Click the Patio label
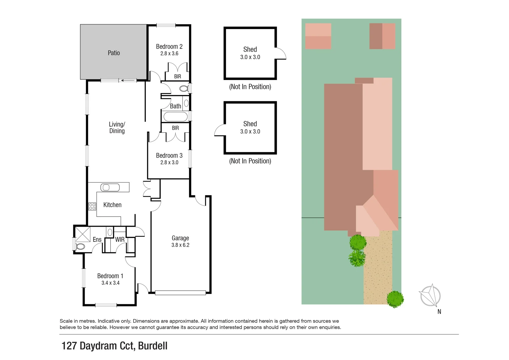tap(114, 53)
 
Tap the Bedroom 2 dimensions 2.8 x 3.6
tap(169, 54)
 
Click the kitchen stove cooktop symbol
tap(92, 206)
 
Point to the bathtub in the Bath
tap(175, 117)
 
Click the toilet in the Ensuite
tap(80, 247)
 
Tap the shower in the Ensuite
tap(83, 234)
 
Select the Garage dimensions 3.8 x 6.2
tap(180, 245)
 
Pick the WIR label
tap(120, 240)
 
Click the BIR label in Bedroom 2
tap(178, 77)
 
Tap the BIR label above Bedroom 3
tap(175, 128)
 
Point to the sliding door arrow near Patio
tap(128, 80)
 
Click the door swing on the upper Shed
tap(281, 53)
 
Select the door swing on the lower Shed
tap(220, 130)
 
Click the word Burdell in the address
tap(153, 346)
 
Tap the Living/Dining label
tap(117, 128)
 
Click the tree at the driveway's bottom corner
tap(395, 299)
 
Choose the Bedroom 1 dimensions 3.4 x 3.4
tap(110, 283)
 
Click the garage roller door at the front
tap(180, 293)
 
